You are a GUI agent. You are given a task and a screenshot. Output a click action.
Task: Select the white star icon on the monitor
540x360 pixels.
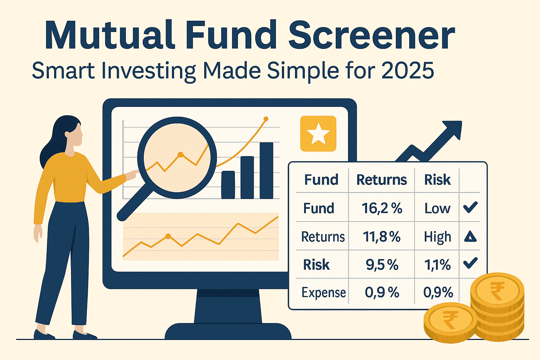click(x=318, y=134)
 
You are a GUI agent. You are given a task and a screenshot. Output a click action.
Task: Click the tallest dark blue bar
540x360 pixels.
click(x=266, y=171)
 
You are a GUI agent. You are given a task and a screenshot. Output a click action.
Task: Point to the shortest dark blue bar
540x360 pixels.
click(x=228, y=185)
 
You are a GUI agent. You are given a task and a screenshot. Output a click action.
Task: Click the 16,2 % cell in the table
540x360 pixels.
click(x=382, y=208)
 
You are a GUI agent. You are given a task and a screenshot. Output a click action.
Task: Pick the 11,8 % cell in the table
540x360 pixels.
click(x=382, y=237)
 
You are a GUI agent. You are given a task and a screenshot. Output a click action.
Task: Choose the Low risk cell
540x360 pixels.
click(x=437, y=208)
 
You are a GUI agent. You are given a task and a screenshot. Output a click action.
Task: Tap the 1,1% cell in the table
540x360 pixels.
click(x=437, y=265)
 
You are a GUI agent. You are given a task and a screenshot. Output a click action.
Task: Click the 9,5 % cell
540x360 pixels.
click(x=382, y=265)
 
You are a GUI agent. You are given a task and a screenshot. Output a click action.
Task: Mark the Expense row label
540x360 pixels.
click(x=323, y=292)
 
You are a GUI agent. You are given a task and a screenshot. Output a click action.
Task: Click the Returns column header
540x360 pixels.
click(x=381, y=180)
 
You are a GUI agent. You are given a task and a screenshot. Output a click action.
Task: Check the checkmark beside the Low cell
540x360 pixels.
click(x=470, y=207)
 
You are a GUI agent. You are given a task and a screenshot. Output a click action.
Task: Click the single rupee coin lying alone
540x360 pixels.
click(x=450, y=321)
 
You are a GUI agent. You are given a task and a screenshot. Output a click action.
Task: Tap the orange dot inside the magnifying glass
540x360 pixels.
click(x=180, y=154)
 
